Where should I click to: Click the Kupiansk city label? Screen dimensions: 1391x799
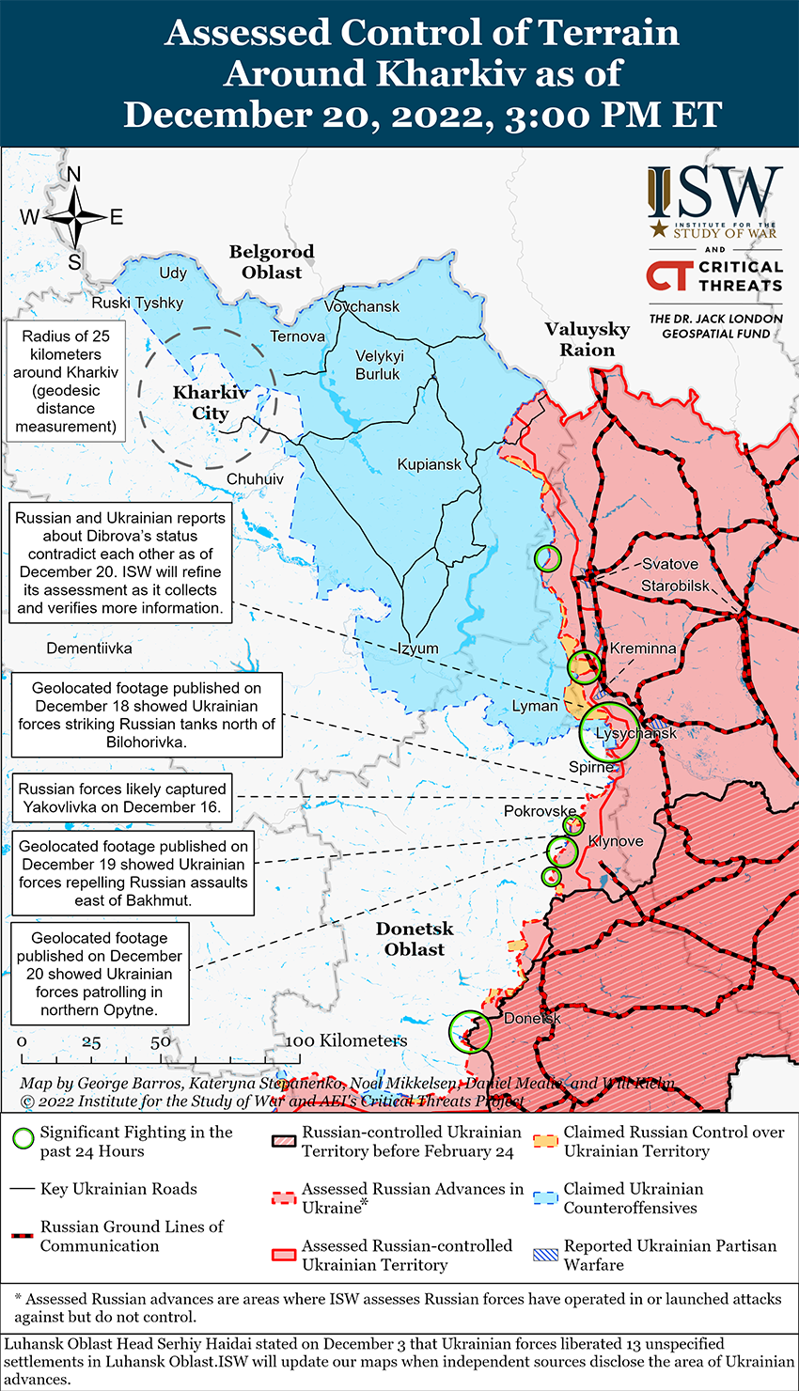pos(430,464)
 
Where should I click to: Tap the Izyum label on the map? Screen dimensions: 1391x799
pos(417,649)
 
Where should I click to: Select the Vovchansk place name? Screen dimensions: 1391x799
pos(362,306)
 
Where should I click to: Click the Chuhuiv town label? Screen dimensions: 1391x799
pos(255,479)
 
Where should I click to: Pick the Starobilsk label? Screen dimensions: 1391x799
pos(675,586)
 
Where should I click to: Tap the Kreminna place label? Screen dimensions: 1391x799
pos(643,649)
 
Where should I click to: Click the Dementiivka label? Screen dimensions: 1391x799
pos(89,649)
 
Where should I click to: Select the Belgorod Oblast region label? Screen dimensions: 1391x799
pos(272,262)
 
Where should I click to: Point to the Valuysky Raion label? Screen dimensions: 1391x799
pos(587,339)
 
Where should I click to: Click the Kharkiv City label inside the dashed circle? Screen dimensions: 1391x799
pos(211,403)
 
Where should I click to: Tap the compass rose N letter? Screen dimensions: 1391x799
pos(74,175)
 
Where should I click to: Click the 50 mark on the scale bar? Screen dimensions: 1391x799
pos(161,1041)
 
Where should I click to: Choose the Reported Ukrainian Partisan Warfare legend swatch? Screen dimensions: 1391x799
pos(546,1255)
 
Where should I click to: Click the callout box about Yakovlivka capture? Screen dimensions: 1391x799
pos(123,798)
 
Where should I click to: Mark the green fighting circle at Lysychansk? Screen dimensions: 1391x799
pos(609,732)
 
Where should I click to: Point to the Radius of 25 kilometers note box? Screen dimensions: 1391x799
pos(66,382)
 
